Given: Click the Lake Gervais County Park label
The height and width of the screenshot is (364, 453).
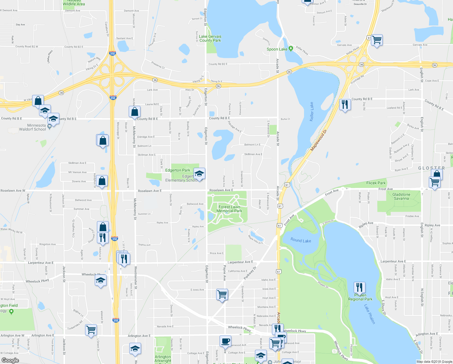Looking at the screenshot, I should [210, 39].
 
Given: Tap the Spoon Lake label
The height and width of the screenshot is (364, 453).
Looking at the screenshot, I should [277, 49].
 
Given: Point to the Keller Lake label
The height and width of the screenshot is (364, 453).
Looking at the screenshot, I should [311, 112].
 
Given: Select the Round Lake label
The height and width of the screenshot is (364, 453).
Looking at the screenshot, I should [301, 240].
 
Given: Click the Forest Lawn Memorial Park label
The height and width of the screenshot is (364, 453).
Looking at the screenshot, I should [229, 209].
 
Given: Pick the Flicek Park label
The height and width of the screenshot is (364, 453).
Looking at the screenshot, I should [376, 183].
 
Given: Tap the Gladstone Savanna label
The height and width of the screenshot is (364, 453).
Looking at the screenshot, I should [401, 197].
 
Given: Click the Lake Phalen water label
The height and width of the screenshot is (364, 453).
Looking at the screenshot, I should [369, 314].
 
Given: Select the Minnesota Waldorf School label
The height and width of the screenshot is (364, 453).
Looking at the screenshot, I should [33, 127].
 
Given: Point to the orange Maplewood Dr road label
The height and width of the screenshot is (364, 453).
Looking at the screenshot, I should [319, 141].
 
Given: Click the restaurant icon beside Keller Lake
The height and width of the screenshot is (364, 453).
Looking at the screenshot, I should [345, 105].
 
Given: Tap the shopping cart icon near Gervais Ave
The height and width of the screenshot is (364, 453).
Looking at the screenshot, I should [377, 40].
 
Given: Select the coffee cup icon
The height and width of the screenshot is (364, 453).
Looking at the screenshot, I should [225, 341].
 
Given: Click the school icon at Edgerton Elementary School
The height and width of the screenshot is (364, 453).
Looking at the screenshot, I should [199, 174].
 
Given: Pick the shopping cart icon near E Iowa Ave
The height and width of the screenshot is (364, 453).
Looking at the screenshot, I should [222, 294].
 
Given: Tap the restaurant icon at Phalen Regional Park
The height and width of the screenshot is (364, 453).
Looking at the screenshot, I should [359, 287].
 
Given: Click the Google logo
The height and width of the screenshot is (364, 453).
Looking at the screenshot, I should [10, 360].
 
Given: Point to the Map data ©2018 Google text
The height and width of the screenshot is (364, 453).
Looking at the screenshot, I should [434, 362].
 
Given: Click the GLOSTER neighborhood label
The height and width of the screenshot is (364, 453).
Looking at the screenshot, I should [432, 168].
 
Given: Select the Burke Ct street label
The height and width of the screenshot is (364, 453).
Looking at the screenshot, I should [285, 119].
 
